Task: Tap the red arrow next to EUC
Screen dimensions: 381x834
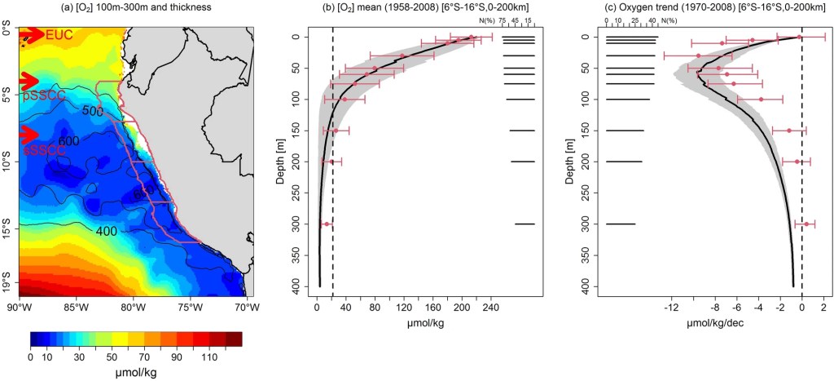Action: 31,34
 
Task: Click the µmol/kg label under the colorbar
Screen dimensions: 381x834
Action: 135,371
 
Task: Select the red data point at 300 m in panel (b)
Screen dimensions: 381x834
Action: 327,224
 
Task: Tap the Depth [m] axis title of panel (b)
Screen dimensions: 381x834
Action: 279,162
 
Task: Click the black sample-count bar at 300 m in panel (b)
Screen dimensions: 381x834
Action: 524,224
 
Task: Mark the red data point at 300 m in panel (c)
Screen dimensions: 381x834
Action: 806,224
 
